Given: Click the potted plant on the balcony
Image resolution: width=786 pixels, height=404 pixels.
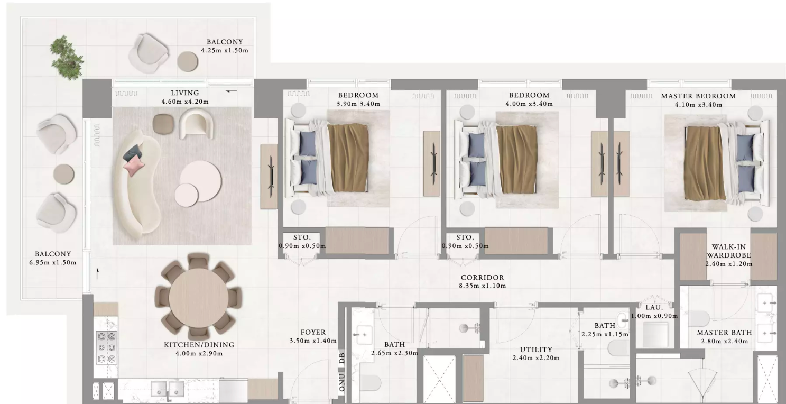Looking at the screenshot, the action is click(x=67, y=57).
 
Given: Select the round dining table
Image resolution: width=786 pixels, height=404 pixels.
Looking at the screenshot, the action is click(x=199, y=298).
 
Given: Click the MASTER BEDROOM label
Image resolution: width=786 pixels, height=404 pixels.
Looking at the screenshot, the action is click(x=698, y=96).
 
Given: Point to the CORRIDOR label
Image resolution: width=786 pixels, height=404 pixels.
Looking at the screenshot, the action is click(x=483, y=277).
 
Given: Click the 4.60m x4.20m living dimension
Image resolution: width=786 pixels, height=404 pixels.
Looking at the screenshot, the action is click(x=185, y=102).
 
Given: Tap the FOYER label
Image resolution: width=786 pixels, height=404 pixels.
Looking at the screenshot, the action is click(x=313, y=332).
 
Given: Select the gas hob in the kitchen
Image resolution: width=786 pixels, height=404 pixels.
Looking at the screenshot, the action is click(x=107, y=348).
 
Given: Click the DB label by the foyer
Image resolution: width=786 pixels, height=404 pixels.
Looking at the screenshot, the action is click(x=342, y=359).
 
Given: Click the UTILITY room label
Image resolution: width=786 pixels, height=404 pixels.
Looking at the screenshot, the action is click(x=536, y=350).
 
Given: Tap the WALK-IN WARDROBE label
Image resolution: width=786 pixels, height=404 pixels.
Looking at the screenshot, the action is click(x=729, y=251).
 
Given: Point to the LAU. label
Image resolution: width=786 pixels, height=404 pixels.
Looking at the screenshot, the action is click(x=654, y=307).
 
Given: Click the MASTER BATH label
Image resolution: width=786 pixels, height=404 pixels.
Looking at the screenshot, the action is click(x=725, y=333).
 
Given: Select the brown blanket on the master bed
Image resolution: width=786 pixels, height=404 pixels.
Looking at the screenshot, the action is click(x=705, y=163).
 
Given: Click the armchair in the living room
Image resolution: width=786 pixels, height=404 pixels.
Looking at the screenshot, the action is click(x=197, y=124).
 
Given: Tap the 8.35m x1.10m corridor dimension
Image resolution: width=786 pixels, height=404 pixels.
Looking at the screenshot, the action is click(x=483, y=286).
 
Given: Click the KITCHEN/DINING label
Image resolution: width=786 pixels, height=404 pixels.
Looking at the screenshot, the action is click(x=199, y=345).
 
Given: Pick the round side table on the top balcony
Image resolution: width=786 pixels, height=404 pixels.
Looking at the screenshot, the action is click(x=187, y=61).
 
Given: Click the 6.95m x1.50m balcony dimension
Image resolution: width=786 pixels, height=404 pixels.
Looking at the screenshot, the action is click(x=53, y=263).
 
